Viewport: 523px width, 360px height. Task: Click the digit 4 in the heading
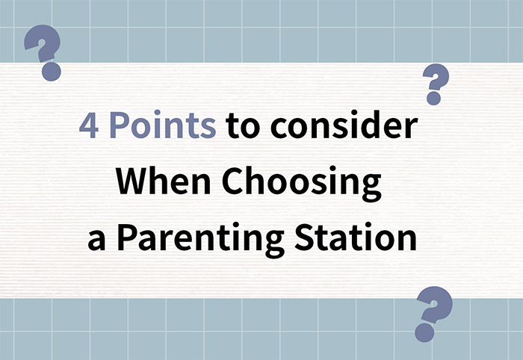(89, 125)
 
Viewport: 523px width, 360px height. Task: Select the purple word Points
(163, 125)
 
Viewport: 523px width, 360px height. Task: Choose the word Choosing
(302, 184)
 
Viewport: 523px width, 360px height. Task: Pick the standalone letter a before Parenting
(96, 240)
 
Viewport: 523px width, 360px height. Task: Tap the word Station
(356, 238)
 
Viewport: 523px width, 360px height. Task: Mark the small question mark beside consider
(436, 84)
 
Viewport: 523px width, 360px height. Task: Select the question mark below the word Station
(433, 314)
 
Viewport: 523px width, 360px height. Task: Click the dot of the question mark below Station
(425, 332)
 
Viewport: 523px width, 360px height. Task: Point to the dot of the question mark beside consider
(434, 99)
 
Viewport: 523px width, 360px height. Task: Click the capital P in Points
(120, 125)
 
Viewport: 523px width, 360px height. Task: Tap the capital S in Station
(304, 238)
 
